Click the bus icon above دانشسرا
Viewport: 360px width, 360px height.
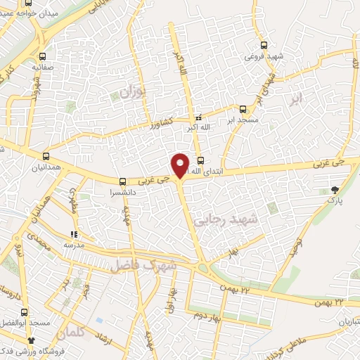123,180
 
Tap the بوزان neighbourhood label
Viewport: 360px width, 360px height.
131,92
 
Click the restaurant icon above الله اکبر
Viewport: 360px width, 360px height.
198,117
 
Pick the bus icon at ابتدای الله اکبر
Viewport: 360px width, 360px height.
200,159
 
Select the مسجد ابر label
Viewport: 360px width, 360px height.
242,120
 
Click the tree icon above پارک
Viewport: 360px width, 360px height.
335,189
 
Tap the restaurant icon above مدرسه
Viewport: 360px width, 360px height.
73,234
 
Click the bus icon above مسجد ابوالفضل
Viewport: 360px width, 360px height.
26,311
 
